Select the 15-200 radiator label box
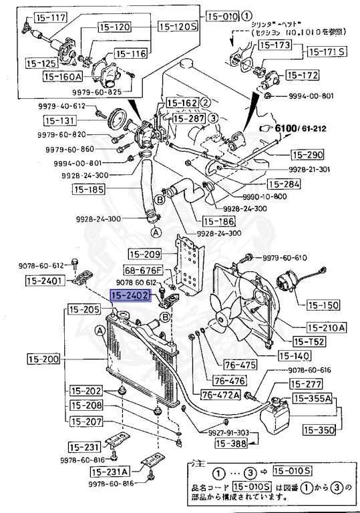click(45, 359)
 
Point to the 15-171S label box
click(327, 51)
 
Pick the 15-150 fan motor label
click(323, 305)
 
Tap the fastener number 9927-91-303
click(222, 432)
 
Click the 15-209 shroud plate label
click(145, 254)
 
